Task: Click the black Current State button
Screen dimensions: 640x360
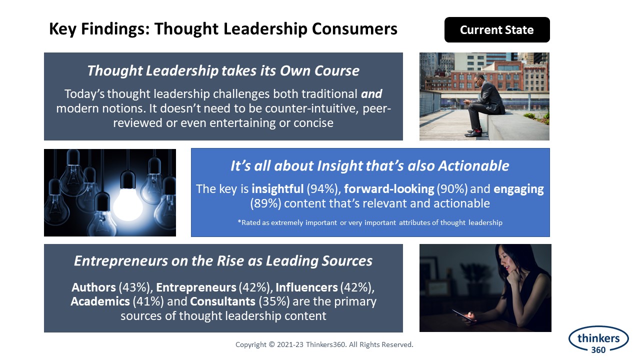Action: point(497,29)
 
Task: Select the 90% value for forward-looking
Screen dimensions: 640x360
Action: point(452,189)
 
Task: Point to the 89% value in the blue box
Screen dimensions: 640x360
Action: point(265,203)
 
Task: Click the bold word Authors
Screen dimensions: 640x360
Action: point(93,287)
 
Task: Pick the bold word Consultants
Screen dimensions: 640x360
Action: point(222,301)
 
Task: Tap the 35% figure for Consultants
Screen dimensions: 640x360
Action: point(274,301)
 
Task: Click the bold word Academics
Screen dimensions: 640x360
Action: point(100,301)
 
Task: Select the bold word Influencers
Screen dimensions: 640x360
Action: point(306,287)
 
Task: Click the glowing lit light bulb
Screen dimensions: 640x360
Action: point(127,204)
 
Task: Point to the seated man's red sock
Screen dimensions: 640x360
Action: point(475,132)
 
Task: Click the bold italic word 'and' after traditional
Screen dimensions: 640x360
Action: point(371,93)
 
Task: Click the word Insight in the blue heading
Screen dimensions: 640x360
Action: point(339,165)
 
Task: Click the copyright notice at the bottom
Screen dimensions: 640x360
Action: point(324,344)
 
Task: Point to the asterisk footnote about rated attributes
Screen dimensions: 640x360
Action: point(370,222)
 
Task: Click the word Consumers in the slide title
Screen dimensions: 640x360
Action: point(354,28)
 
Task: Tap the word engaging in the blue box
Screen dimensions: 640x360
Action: point(518,189)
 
